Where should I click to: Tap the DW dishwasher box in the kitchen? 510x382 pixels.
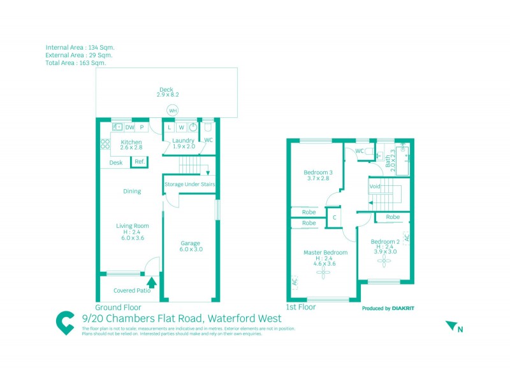129,127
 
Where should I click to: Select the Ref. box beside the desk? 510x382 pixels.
140,162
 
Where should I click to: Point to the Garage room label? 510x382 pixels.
190,243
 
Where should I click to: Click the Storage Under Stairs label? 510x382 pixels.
190,185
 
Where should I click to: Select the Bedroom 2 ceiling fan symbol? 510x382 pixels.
384,261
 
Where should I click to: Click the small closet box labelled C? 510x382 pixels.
334,217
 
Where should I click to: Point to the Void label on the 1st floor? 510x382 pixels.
375,187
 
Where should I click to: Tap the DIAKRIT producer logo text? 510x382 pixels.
403,308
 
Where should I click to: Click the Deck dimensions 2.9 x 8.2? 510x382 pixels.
167,95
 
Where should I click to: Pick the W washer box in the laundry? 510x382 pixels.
181,127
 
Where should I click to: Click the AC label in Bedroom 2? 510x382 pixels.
405,238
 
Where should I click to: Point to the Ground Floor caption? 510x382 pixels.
118,306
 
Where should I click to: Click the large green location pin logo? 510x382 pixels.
65,323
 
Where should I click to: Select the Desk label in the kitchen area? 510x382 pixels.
116,163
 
